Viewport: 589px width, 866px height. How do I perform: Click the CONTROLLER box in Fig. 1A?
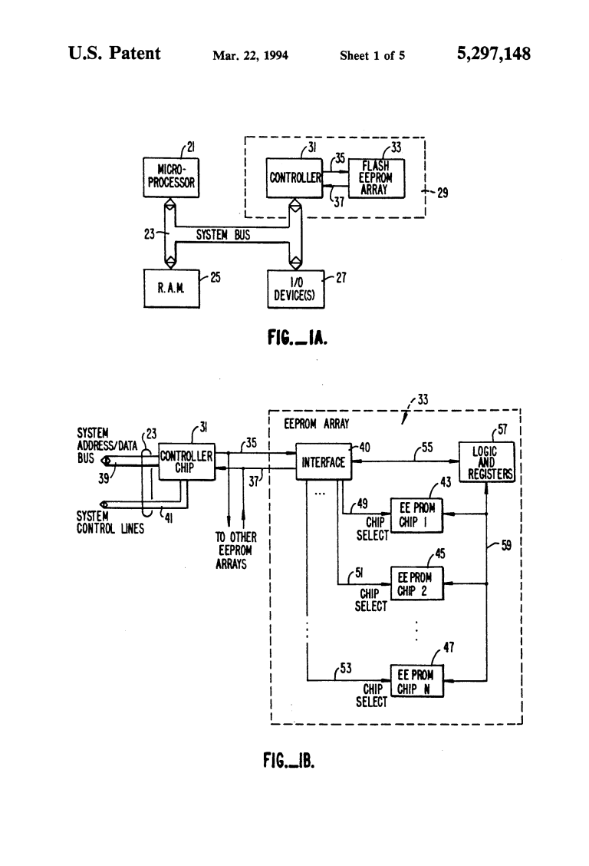(294, 177)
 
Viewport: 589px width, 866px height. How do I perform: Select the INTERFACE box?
(321, 462)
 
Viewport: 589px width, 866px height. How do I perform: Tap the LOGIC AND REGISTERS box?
(486, 461)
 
